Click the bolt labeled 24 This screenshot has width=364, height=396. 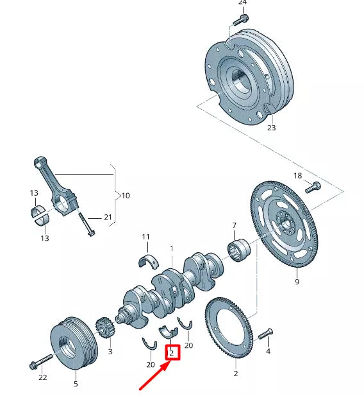click(x=240, y=20)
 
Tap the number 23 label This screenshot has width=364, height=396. click(x=271, y=128)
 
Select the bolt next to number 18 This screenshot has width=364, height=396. click(x=313, y=187)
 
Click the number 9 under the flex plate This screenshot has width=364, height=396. click(x=297, y=280)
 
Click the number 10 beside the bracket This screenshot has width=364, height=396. click(x=126, y=195)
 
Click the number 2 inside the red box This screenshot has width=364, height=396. click(x=171, y=352)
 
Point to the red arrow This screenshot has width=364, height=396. click(x=154, y=377)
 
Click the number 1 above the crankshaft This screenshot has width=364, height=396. click(x=171, y=248)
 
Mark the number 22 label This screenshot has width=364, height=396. click(x=42, y=377)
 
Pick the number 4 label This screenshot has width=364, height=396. click(x=268, y=351)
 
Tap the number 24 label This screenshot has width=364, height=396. click(x=242, y=3)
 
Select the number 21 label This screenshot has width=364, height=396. click(x=108, y=217)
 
